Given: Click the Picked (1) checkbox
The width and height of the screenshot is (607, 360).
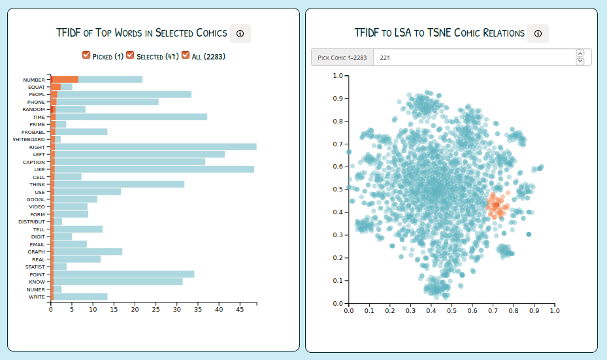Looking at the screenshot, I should coord(86,56).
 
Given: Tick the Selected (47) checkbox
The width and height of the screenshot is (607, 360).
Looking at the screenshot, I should coord(130,56).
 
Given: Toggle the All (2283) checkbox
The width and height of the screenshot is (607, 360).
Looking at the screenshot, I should coord(186,56).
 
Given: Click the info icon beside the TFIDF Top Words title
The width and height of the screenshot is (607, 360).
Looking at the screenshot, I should coord(240,33).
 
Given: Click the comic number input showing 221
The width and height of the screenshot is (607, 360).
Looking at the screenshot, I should coord(470,57).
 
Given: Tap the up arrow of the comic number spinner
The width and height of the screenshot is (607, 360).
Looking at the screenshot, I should coord(580,53).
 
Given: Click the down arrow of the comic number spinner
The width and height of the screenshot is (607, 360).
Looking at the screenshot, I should coord(580,61).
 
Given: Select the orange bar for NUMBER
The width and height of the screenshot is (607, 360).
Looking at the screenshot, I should coord(65,80).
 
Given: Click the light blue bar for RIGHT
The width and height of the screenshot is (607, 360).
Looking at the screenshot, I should coord(157,147).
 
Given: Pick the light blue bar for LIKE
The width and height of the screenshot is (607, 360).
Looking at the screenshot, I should coord(157,169).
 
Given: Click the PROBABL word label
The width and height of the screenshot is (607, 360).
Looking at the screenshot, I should coord(33,132).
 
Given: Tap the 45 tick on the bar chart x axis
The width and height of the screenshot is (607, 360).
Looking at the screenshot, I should coord(240,310).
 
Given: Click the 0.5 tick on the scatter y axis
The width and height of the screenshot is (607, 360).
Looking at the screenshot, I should coord(338,189).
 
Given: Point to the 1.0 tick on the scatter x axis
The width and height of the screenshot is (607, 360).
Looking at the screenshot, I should coord(554,312).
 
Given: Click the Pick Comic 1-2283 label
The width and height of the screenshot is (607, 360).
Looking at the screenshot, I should coord(342,57).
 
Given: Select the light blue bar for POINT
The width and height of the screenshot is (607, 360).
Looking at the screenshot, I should coord(124,274).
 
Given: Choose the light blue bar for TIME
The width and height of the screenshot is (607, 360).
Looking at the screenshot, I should coord(131,117).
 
